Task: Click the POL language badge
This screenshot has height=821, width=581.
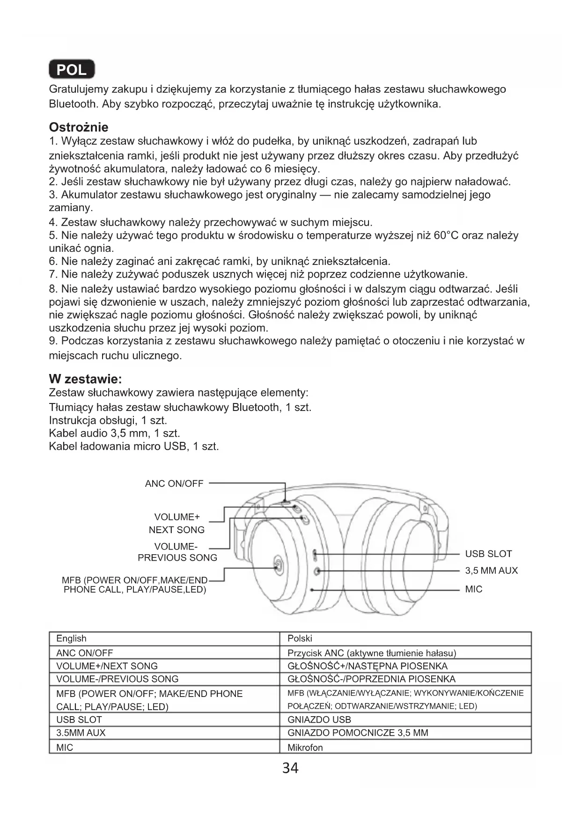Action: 72,70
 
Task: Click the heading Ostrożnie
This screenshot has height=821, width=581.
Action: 78,127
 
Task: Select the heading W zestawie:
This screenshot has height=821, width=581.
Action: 85,379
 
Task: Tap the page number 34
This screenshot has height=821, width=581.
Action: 290,768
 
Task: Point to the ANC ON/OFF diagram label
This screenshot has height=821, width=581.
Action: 174,484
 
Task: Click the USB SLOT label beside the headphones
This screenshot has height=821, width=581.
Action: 488,554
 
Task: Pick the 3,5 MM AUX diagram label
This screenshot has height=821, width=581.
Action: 491,571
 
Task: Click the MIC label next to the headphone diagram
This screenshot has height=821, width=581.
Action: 473,589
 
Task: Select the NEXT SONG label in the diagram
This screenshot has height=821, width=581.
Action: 177,530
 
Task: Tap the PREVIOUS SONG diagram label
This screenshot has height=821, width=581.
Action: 177,557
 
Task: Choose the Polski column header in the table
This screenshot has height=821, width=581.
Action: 300,638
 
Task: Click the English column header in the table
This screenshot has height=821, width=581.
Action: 71,638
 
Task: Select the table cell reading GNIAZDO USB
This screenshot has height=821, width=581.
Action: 319,719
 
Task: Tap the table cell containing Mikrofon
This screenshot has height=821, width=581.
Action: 305,748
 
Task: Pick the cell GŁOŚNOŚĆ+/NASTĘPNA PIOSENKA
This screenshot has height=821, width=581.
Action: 367,666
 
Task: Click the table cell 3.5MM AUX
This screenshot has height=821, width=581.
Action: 81,733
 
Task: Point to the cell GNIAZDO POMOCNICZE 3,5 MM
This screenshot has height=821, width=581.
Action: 358,733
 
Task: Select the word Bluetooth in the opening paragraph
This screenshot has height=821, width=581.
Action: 72,103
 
